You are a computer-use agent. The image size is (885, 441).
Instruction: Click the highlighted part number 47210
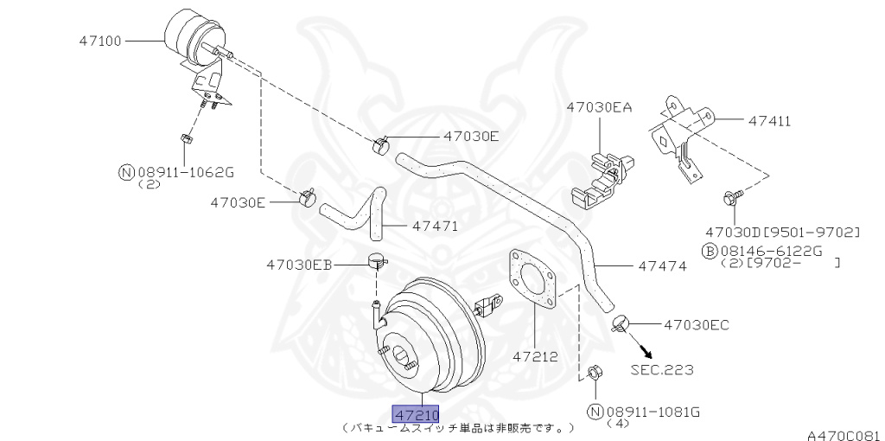point(417,414)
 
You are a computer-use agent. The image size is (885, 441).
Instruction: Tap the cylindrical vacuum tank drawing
point(192,35)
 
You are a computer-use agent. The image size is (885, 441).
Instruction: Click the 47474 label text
point(662,266)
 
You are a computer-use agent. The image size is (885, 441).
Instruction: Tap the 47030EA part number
point(599,108)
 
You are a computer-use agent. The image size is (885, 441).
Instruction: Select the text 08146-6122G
point(761,251)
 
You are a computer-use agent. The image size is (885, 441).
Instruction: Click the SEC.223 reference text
point(661,369)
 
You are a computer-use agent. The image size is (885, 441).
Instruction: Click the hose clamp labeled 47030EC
point(619,324)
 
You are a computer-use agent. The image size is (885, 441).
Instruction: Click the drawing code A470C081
point(844,434)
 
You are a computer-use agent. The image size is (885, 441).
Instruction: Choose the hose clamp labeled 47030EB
point(376,259)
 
